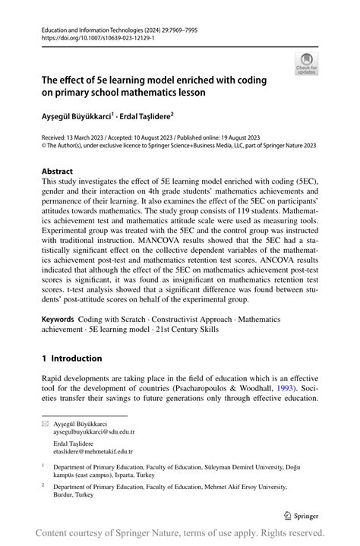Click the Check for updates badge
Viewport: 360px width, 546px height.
306,63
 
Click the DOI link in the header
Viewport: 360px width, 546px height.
90,36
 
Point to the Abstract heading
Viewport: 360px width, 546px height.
57,172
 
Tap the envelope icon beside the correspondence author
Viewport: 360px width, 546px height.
45,424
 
